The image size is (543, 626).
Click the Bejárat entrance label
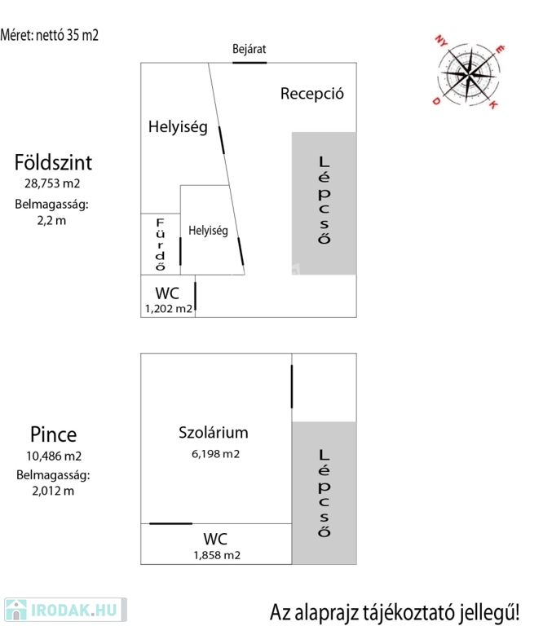click(x=249, y=49)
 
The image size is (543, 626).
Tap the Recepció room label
click(x=311, y=94)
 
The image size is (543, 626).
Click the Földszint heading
click(x=53, y=162)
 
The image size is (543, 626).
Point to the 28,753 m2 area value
click(x=52, y=183)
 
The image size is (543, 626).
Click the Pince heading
click(x=54, y=434)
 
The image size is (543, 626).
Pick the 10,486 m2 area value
click(x=54, y=456)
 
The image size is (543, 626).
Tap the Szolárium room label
click(x=214, y=433)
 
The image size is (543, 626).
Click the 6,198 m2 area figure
click(x=215, y=454)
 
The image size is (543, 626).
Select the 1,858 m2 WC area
click(x=217, y=555)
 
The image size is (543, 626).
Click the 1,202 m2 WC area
click(x=169, y=309)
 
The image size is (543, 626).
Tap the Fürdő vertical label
click(x=160, y=245)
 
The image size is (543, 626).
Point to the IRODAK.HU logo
click(x=65, y=610)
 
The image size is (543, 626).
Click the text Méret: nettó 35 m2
click(x=49, y=35)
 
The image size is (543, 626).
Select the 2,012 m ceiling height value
click(x=53, y=491)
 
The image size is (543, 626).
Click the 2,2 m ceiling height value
click(x=51, y=220)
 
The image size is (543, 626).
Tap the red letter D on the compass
click(x=436, y=101)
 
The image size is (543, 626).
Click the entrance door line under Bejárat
click(x=249, y=63)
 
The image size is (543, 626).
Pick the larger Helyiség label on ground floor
click(x=178, y=127)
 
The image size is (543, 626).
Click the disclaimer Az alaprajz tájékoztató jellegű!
click(x=395, y=612)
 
